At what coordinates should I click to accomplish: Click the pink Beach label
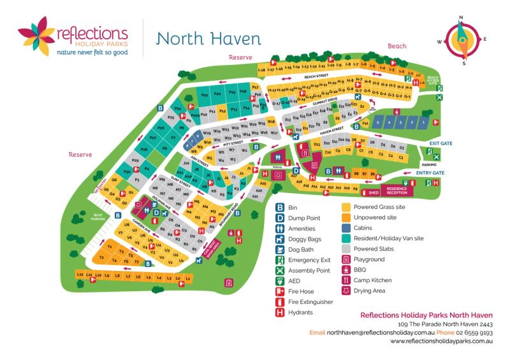pyautogui.click(x=397, y=46)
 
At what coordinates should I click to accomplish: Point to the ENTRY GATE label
pyautogui.click(x=430, y=173)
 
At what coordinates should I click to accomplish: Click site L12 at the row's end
pyautogui.click(x=80, y=275)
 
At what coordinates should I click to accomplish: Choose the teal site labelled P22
pyautogui.click(x=205, y=95)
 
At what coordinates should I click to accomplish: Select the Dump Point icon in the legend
pyautogui.click(x=279, y=218)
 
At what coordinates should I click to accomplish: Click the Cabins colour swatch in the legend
pyautogui.click(x=346, y=228)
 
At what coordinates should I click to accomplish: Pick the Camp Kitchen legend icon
pyautogui.click(x=346, y=280)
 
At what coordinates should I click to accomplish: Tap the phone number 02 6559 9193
pyautogui.click(x=474, y=333)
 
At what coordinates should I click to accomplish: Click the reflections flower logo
pyautogui.click(x=36, y=37)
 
